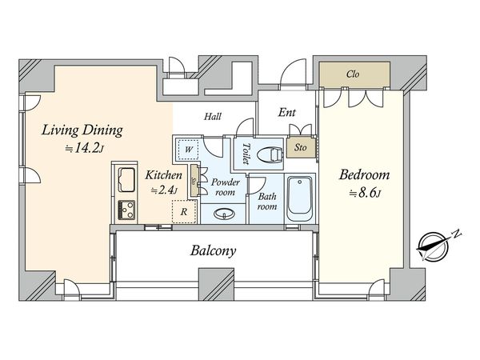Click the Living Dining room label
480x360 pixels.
(82, 130)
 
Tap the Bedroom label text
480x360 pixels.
(364, 174)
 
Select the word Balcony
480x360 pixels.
(213, 250)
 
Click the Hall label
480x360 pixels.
(213, 116)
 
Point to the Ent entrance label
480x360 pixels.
(287, 112)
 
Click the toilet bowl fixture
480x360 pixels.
(270, 154)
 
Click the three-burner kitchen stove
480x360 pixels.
(126, 210)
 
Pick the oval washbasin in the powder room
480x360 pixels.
(224, 214)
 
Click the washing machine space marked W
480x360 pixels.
(188, 150)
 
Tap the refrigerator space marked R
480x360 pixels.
(184, 211)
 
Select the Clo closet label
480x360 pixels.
(353, 74)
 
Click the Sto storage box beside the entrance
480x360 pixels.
(301, 147)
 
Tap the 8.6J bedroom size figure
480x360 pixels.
(365, 194)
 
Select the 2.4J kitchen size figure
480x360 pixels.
(164, 190)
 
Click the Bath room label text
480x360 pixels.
(267, 201)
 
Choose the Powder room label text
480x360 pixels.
(225, 187)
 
